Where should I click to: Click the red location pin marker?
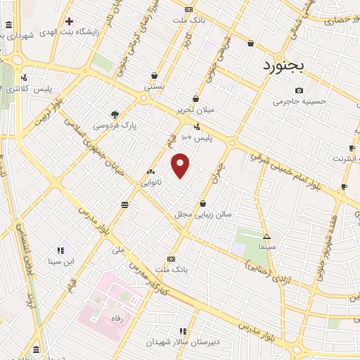[x=181, y=165]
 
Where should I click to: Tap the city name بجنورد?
[x=283, y=66]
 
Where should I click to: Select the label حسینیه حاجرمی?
[x=300, y=101]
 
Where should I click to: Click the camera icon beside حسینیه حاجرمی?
[x=300, y=90]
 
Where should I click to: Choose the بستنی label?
[x=153, y=86]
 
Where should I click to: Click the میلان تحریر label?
[x=195, y=110]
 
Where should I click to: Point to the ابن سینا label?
[x=60, y=262]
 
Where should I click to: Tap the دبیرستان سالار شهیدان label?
[x=184, y=342]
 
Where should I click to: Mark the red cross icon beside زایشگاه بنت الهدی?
[x=69, y=20]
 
